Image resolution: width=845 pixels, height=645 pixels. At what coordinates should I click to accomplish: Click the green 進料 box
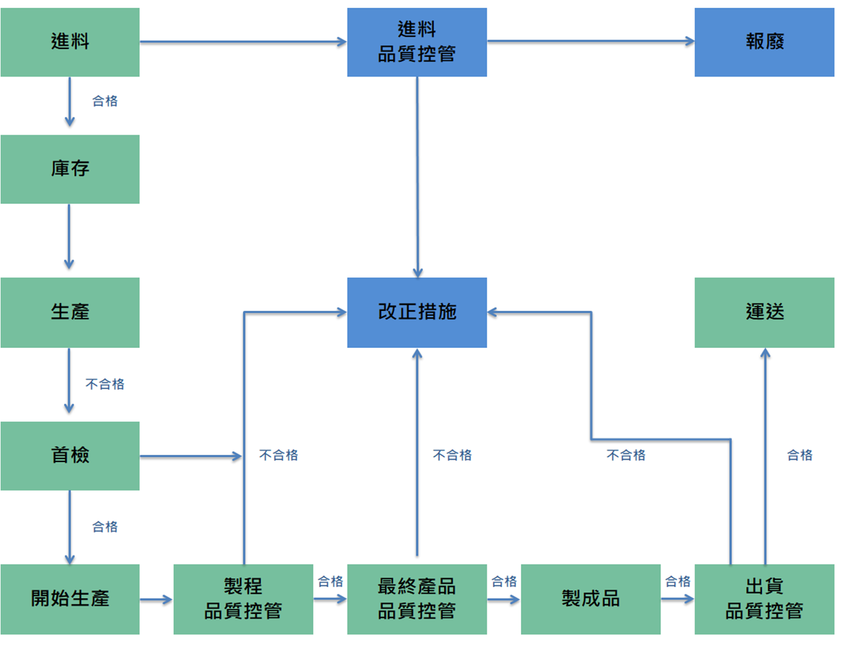(x=70, y=42)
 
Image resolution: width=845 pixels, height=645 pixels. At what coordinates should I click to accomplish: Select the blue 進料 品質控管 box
(x=417, y=42)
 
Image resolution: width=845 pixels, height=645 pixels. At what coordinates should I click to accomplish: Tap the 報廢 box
(x=764, y=42)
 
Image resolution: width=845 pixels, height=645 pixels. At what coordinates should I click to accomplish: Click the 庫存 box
(x=70, y=169)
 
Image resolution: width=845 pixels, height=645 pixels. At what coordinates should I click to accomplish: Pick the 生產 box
(x=70, y=313)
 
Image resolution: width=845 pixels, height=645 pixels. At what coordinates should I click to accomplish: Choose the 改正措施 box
(x=417, y=313)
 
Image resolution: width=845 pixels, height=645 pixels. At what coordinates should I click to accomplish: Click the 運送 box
(x=764, y=313)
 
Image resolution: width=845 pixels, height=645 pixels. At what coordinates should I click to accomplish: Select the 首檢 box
(x=70, y=456)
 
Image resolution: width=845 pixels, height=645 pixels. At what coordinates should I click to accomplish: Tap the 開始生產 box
(x=70, y=599)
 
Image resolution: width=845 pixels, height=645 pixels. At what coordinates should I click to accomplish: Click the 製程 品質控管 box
(x=243, y=599)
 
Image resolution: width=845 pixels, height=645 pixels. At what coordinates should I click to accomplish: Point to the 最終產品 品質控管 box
(x=417, y=599)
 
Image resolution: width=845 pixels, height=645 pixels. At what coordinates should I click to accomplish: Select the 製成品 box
(x=591, y=599)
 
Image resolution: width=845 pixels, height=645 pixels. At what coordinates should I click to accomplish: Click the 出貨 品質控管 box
(x=764, y=599)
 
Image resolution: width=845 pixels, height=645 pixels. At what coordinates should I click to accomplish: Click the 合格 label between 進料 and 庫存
(x=105, y=101)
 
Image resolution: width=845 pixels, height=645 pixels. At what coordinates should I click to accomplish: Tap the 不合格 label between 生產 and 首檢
(x=105, y=384)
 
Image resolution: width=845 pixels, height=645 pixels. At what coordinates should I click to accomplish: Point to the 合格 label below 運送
(x=800, y=456)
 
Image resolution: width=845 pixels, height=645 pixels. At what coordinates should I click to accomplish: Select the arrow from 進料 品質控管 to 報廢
(x=591, y=41)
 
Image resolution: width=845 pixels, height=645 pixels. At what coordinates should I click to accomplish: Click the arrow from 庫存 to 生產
(x=69, y=237)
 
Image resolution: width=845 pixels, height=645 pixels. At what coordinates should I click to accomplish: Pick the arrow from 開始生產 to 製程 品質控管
(x=156, y=600)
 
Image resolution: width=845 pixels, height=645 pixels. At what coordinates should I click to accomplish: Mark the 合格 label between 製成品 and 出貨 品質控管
(x=678, y=582)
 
